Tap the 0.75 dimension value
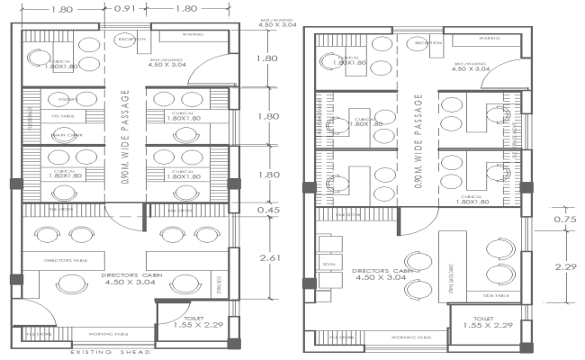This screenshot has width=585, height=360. point(564,219)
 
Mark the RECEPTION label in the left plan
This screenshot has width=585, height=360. point(128,40)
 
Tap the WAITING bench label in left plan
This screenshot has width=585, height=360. point(193,34)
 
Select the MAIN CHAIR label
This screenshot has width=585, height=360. point(62,135)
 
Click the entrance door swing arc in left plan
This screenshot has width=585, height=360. point(219,65)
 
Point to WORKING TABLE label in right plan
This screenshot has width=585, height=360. point(410,338)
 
